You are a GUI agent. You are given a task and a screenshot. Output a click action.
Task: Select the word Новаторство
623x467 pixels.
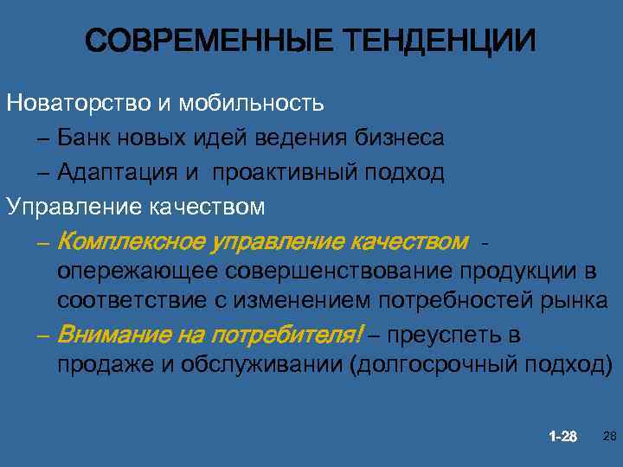click(x=79, y=104)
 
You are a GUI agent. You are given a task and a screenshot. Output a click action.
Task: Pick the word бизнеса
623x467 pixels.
click(x=400, y=138)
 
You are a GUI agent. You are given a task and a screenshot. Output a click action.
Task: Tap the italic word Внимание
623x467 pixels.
click(x=112, y=335)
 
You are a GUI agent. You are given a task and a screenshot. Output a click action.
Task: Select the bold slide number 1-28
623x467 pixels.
click(x=562, y=436)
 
